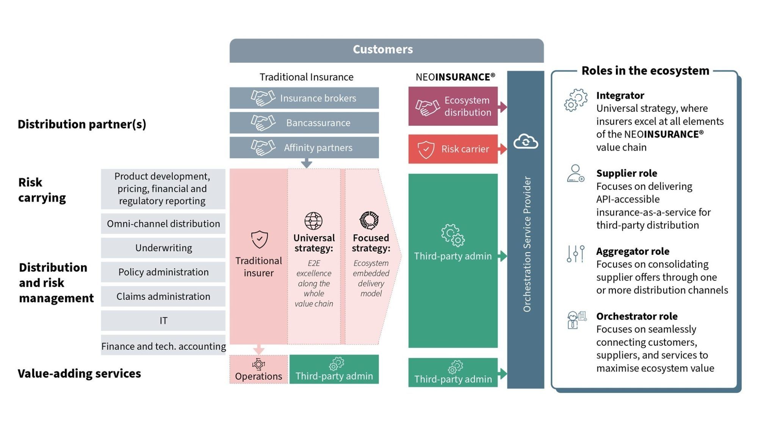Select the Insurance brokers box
pos(304,98)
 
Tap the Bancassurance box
pos(304,123)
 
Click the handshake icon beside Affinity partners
pos(263,147)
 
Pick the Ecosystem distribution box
pos(453,106)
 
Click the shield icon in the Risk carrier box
pos(426,149)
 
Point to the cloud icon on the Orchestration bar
pos(525,142)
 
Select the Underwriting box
pos(163,248)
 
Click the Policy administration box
pos(163,272)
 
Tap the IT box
pos(163,321)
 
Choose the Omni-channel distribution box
pos(163,224)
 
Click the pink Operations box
pos(258,370)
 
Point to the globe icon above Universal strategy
pos(313,221)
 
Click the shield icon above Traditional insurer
pos(260,239)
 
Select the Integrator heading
pos(620,95)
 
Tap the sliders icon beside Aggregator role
pos(575,254)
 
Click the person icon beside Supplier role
pos(575,173)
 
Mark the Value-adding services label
pos(79,374)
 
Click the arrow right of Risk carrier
pos(503,149)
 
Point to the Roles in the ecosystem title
pos(645,71)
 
